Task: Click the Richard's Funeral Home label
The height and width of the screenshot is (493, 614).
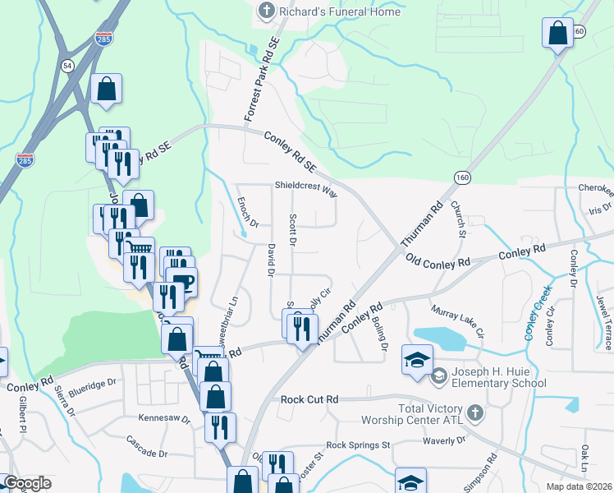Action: (340, 12)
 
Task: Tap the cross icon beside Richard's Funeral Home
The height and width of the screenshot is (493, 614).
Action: (265, 12)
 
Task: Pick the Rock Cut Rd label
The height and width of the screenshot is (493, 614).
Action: (309, 399)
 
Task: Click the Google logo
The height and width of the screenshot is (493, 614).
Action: (27, 483)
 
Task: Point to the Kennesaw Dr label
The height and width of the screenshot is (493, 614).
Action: (163, 419)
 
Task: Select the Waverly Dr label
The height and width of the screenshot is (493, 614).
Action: (444, 440)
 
